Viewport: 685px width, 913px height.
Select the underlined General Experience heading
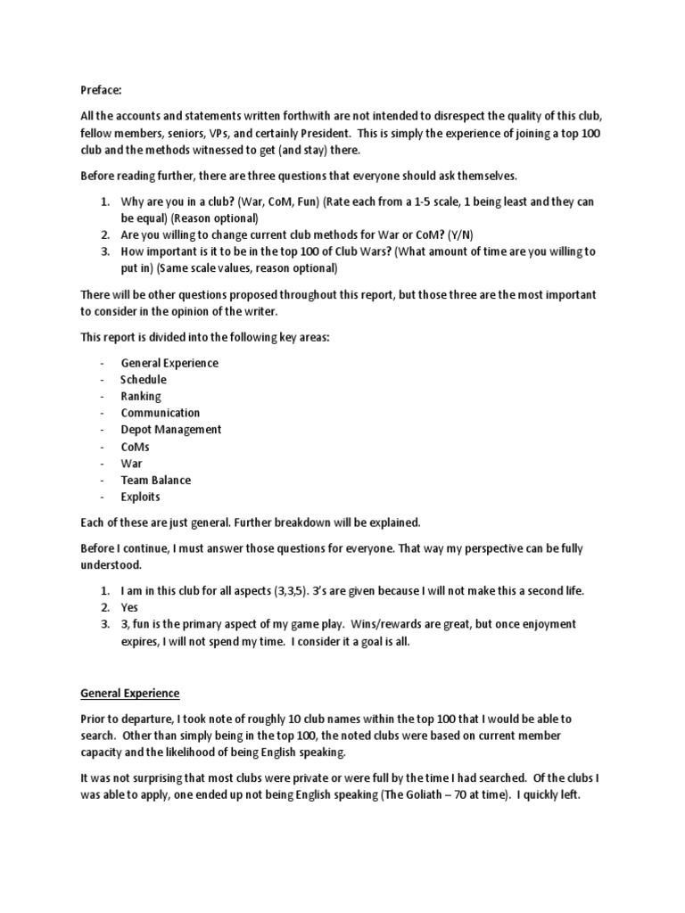pos(130,692)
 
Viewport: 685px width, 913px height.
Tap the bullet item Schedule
pos(144,379)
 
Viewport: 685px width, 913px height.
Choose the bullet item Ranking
pos(141,396)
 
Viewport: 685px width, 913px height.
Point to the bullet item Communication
pos(161,413)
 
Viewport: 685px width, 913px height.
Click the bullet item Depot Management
pos(171,430)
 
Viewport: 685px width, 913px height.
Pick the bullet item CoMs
pos(136,447)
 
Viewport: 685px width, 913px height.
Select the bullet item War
pos(131,464)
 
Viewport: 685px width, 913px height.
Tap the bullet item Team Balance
pos(156,480)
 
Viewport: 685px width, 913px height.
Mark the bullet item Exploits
pos(141,497)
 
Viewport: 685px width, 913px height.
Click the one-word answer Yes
pos(130,607)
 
